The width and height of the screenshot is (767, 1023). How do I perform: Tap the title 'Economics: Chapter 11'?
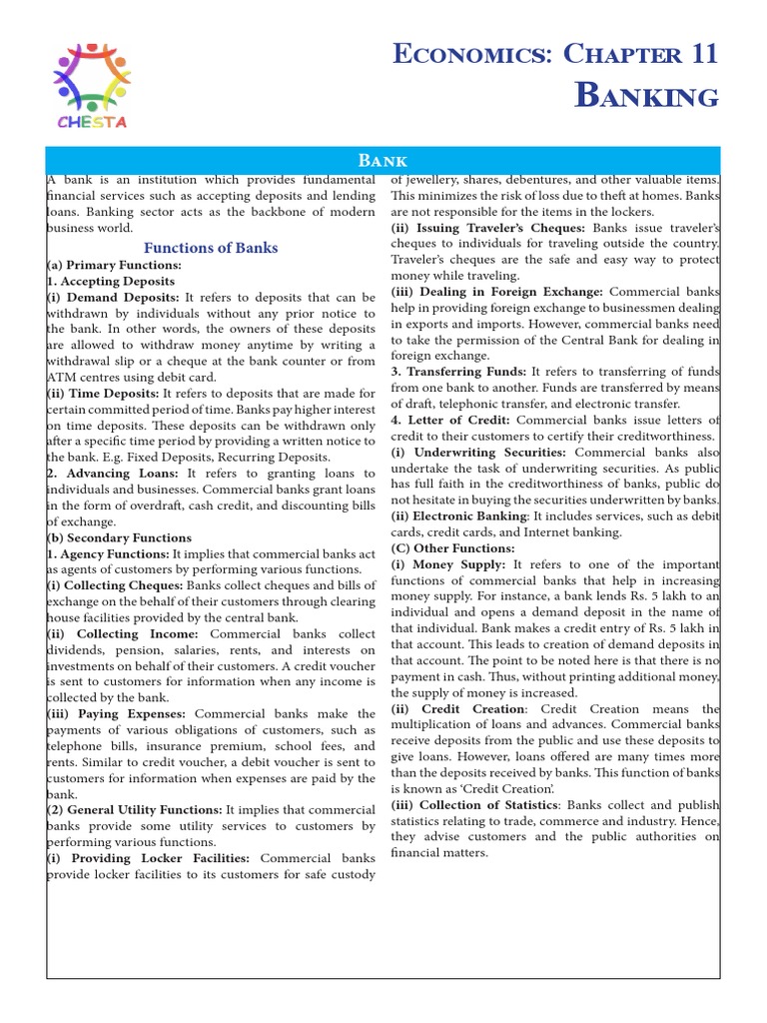coord(554,54)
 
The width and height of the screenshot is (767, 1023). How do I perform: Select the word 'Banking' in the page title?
coord(647,96)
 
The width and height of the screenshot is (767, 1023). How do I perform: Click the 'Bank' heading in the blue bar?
coord(383,160)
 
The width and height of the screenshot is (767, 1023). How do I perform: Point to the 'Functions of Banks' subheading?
coord(211,248)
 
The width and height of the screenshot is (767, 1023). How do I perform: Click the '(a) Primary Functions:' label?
coord(114,266)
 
